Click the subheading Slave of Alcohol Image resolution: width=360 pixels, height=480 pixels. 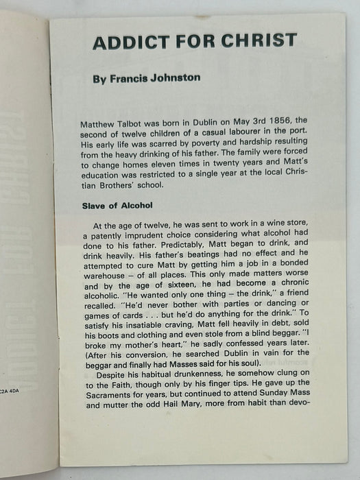(x=121, y=186)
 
